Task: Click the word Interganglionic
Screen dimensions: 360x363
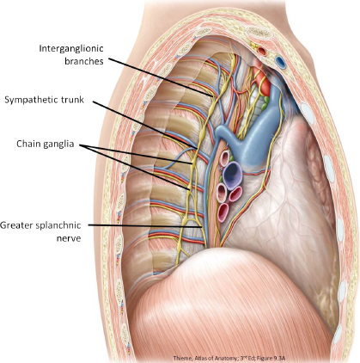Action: [71, 48]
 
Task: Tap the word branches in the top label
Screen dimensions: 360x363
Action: [84, 61]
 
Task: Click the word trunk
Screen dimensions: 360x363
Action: [72, 100]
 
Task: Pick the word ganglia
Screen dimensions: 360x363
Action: [58, 145]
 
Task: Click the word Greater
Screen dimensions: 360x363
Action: [16, 225]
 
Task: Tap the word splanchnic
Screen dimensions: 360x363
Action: [58, 225]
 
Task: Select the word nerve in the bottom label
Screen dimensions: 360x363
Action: [69, 238]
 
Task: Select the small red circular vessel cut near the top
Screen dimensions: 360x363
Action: [262, 52]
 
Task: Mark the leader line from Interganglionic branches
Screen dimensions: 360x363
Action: [161, 77]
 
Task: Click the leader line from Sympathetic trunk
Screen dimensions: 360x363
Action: [145, 125]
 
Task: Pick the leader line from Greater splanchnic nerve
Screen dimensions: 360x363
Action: [145, 226]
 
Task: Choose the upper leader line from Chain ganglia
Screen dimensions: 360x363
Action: [135, 155]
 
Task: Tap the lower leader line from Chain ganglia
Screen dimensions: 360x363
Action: [134, 168]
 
